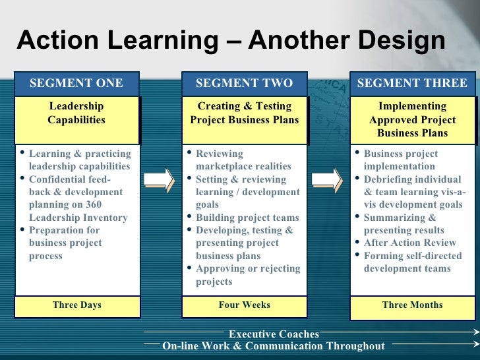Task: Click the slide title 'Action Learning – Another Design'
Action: [231, 41]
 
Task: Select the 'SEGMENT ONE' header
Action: [76, 83]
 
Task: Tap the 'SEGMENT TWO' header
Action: [244, 83]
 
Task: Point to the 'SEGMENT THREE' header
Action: [412, 83]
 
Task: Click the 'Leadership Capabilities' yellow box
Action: [76, 113]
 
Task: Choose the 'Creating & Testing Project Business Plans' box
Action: [244, 113]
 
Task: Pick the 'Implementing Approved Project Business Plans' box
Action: [412, 119]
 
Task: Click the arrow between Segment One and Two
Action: [159, 180]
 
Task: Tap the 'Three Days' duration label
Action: [76, 305]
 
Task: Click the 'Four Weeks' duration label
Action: [244, 305]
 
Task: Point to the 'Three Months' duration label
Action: [412, 305]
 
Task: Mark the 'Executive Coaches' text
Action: [274, 334]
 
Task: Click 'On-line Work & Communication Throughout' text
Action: [273, 346]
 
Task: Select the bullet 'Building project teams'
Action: [247, 218]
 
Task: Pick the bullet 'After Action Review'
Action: [409, 243]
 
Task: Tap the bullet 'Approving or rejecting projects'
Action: [247, 275]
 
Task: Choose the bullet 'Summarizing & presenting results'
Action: [404, 224]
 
